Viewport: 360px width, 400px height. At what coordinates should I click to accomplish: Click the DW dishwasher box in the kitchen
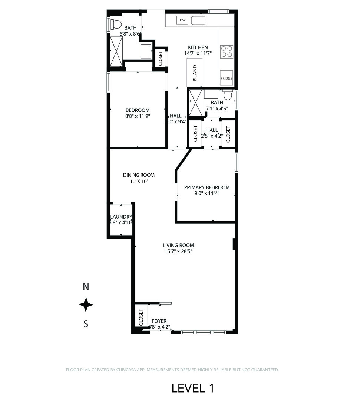[x=182, y=20]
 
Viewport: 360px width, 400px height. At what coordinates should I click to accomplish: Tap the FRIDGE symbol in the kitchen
[x=226, y=78]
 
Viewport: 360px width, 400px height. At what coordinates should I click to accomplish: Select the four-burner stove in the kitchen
[x=227, y=51]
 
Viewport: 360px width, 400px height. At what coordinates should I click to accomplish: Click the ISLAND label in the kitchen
[x=195, y=73]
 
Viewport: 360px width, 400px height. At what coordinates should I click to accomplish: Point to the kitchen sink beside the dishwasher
[x=198, y=20]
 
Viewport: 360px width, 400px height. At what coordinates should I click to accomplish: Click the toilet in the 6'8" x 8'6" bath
[x=116, y=24]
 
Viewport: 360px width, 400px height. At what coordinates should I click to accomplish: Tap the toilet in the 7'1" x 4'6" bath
[x=228, y=96]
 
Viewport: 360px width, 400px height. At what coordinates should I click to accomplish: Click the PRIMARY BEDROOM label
[x=207, y=187]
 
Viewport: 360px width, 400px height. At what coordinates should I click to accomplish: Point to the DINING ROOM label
[x=139, y=175]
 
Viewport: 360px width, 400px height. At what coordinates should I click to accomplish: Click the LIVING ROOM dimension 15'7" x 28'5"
[x=178, y=251]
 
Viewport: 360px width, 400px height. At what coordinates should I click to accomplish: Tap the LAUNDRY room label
[x=121, y=217]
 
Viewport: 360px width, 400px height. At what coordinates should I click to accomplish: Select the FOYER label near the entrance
[x=159, y=321]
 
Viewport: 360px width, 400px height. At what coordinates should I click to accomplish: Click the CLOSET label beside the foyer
[x=141, y=317]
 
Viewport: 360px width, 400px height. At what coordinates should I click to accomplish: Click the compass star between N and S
[x=86, y=305]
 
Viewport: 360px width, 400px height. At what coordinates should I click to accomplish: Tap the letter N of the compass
[x=86, y=287]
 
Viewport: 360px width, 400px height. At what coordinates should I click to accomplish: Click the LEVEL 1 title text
[x=192, y=388]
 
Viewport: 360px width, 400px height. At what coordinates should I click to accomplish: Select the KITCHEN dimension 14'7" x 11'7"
[x=198, y=53]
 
